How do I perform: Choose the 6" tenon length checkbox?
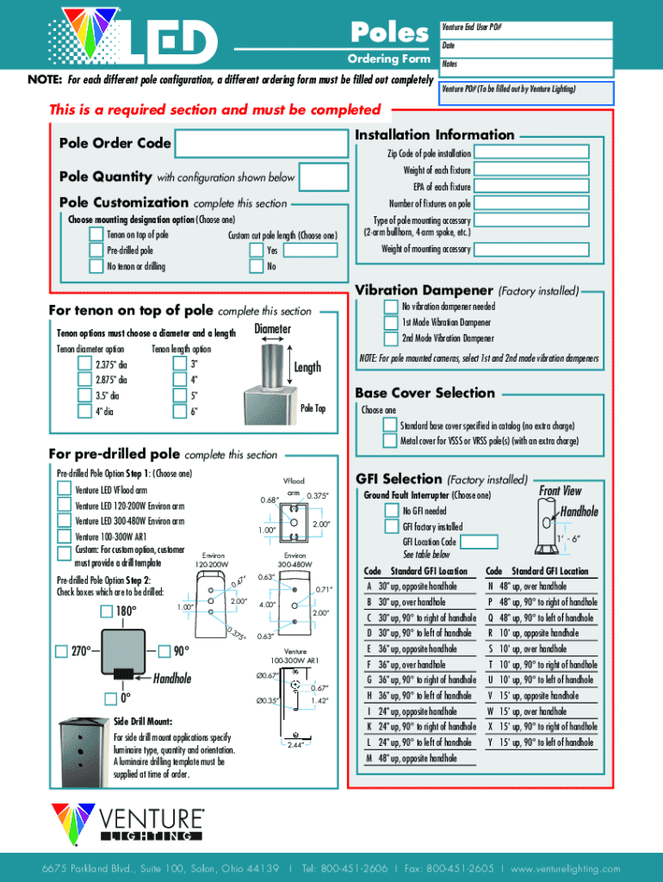180,411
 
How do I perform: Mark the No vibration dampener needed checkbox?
390,307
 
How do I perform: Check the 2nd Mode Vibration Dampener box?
390,338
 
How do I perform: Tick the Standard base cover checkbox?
390,425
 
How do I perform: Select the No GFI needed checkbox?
390,511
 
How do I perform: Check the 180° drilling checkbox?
105,612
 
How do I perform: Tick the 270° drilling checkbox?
62,649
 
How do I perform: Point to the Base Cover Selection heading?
425,393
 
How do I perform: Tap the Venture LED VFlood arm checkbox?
64,489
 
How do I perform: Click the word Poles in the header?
389,33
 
